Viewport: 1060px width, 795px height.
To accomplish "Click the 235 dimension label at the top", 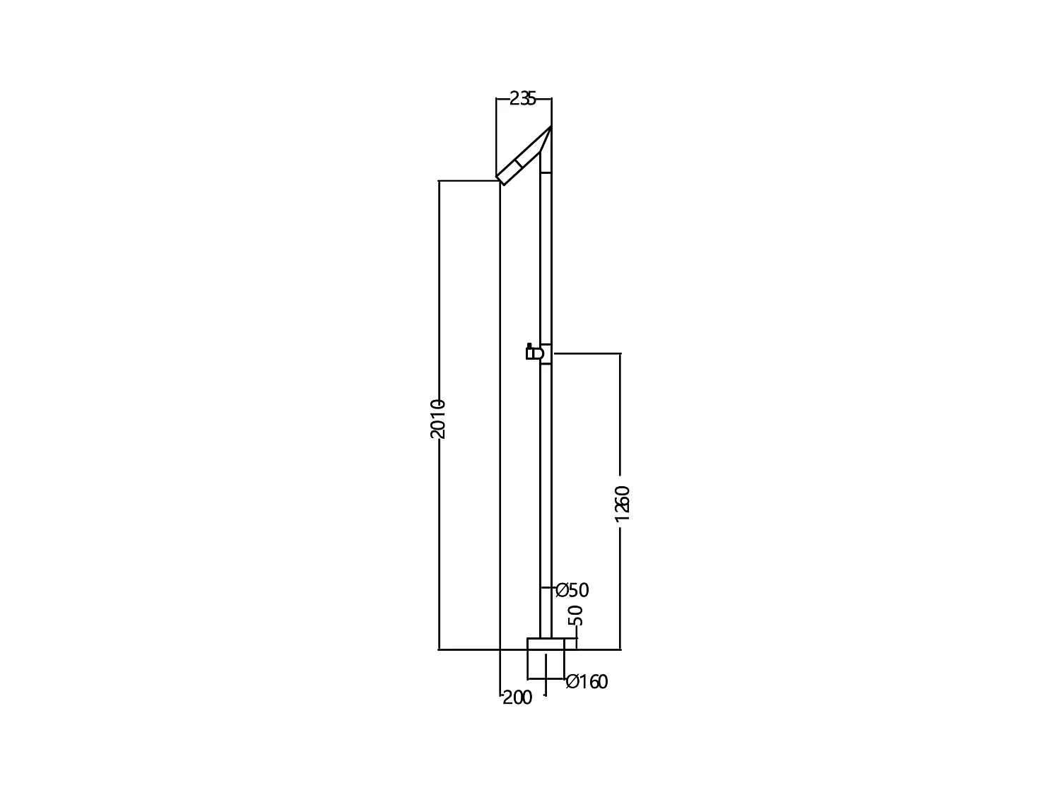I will click(x=523, y=99).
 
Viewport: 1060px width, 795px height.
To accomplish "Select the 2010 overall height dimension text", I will click(x=437, y=418).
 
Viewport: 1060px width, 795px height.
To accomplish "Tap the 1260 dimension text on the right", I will click(x=622, y=503).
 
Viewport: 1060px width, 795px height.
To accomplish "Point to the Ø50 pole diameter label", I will click(x=572, y=590).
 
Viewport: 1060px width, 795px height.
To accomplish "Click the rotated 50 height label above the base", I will click(x=576, y=615).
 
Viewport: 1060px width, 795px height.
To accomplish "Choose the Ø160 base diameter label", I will click(x=587, y=682).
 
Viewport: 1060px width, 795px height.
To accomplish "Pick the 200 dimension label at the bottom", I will click(x=517, y=698).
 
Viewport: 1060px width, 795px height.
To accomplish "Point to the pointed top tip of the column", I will click(x=550, y=128).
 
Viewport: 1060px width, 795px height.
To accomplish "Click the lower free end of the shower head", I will click(x=501, y=179).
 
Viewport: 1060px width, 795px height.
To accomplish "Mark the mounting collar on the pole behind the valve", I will click(x=546, y=354).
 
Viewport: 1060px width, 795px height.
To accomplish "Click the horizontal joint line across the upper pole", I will click(x=546, y=172).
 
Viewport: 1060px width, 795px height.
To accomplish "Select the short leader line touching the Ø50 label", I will click(x=547, y=588).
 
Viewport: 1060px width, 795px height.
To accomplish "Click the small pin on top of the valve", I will click(x=529, y=345).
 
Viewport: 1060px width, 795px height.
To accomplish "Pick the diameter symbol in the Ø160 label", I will click(x=572, y=682).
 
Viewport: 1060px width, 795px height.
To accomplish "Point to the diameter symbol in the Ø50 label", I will click(x=562, y=590).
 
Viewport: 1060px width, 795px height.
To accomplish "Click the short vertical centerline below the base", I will click(x=546, y=675).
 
